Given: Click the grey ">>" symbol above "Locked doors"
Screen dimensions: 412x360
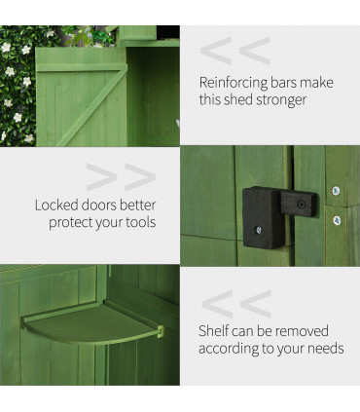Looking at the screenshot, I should pos(121,177).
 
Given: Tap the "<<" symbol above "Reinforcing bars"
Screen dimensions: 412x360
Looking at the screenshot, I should pos(234,50).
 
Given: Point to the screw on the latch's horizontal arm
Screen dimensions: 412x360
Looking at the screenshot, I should pos(302,205).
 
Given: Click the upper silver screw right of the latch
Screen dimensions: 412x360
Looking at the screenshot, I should pos(336,191).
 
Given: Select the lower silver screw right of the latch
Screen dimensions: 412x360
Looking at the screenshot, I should pos(337,220).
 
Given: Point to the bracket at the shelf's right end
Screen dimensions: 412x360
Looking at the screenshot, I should pos(155,334).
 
